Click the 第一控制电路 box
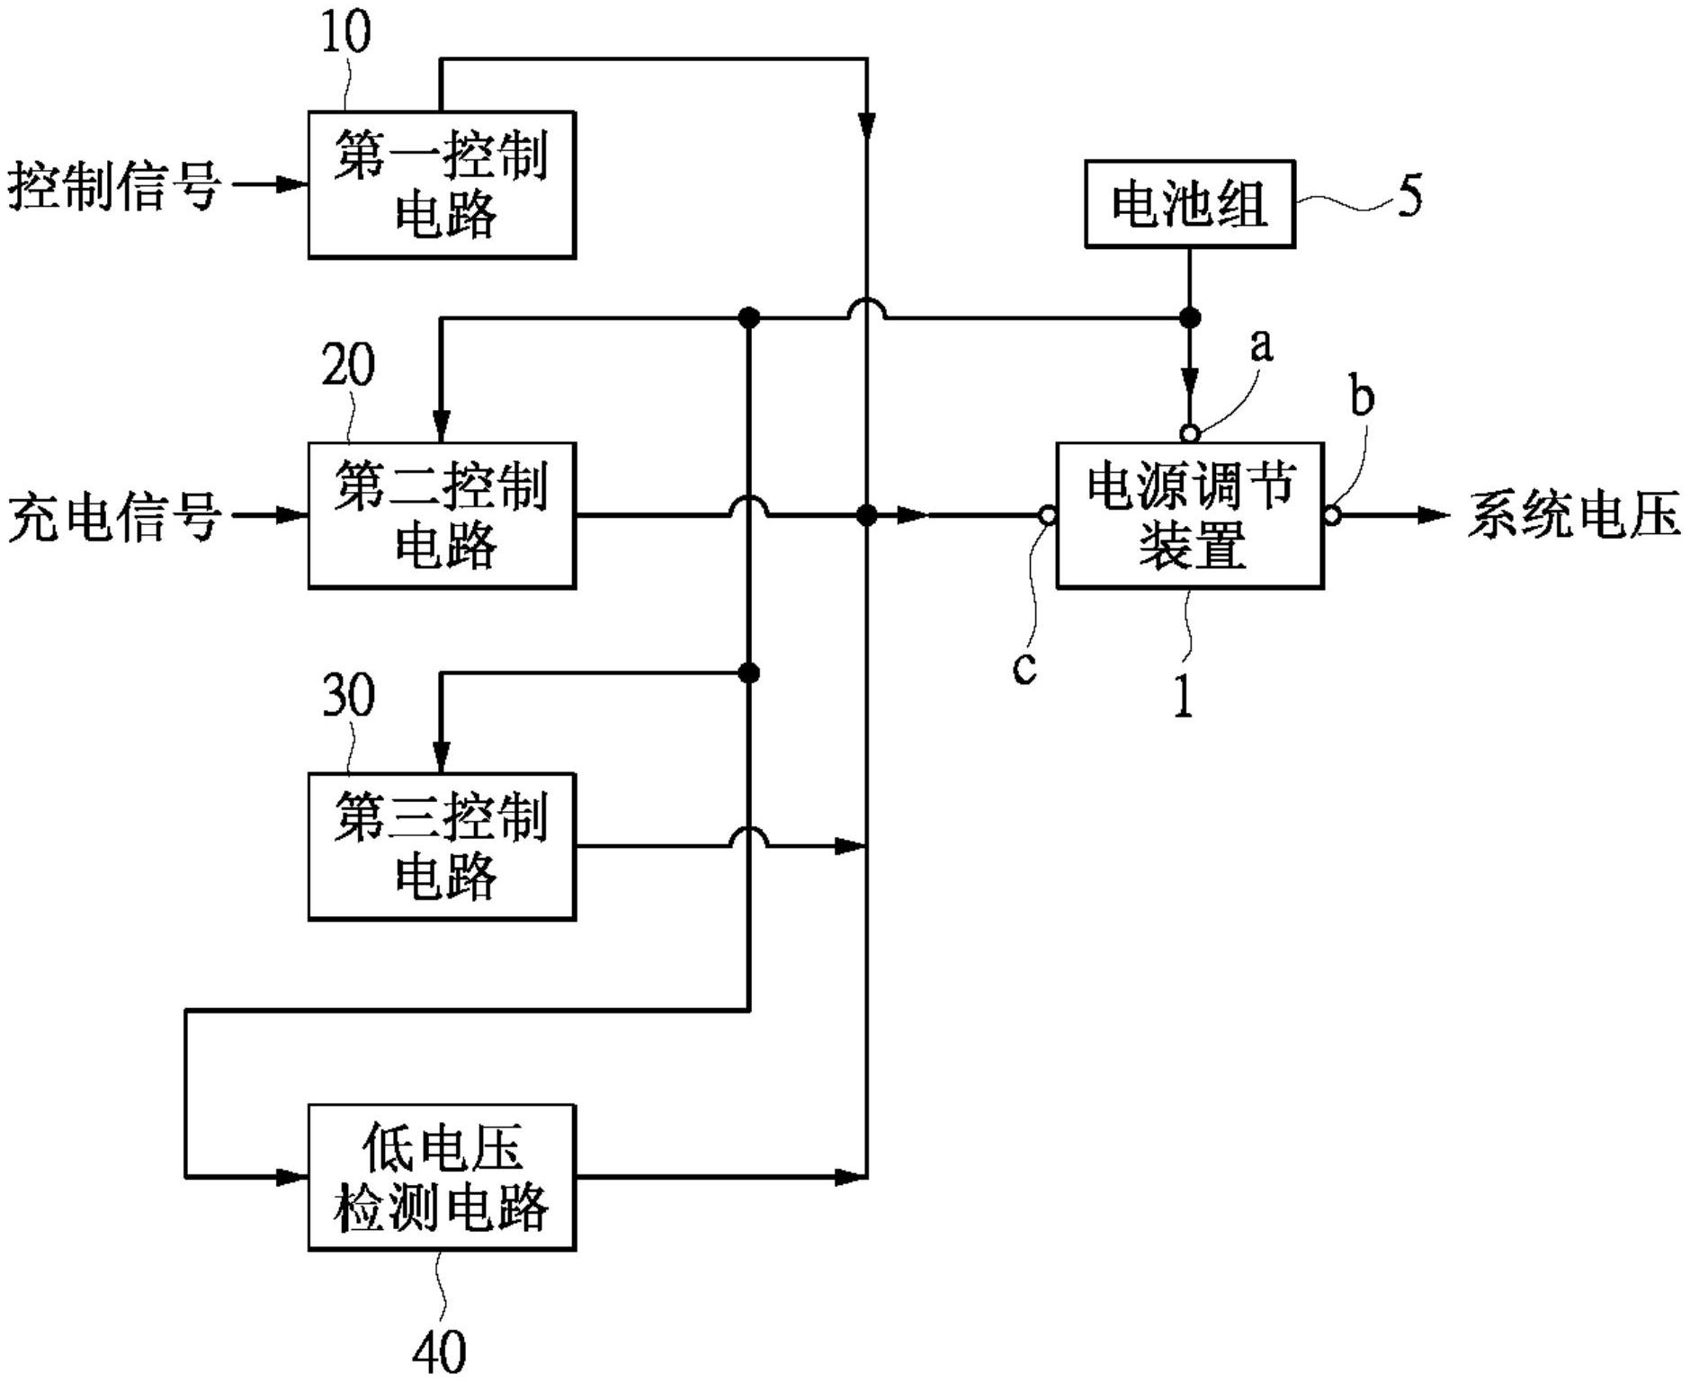coord(442,185)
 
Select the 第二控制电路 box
coord(442,515)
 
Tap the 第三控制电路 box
coord(442,846)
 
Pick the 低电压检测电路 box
coord(442,1177)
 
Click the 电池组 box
coord(1189,204)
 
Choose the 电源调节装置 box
coord(1189,515)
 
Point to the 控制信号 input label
coord(114,186)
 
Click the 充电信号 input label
coord(114,517)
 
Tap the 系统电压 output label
coord(1573,516)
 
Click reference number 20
coord(347,365)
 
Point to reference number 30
coord(347,695)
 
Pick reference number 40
coord(440,1351)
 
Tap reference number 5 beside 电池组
coord(1409,196)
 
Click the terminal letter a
coord(1263,344)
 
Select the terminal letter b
coord(1363,397)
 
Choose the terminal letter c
coord(1024,666)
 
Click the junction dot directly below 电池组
coord(1189,317)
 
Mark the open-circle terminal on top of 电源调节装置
coord(1189,434)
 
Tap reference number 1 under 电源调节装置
coord(1184,696)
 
